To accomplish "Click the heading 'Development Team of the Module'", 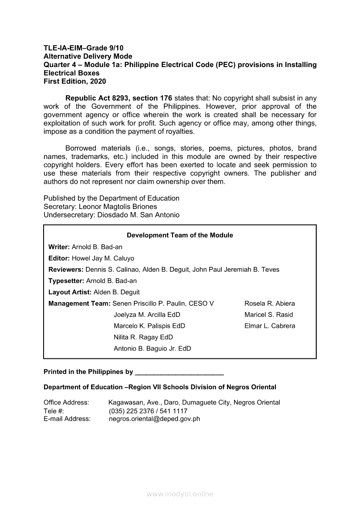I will [x=180, y=235].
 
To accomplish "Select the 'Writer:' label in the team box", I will [x=59, y=247].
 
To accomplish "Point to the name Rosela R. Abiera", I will [x=269, y=303].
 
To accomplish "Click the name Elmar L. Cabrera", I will [x=269, y=326].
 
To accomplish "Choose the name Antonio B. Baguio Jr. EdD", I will [x=152, y=348].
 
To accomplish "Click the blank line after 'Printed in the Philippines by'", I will [x=180, y=372].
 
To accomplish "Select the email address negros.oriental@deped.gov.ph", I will [x=154, y=419].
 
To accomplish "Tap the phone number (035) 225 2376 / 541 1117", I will [x=148, y=411].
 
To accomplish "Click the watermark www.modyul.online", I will [x=180, y=494].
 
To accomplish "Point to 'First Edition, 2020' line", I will [x=75, y=81].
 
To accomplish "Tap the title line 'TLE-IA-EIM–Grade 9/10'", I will [x=80, y=48].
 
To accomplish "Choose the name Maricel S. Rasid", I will [x=268, y=315].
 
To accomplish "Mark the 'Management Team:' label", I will [x=79, y=303].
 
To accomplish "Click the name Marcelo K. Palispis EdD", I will [x=149, y=326].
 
